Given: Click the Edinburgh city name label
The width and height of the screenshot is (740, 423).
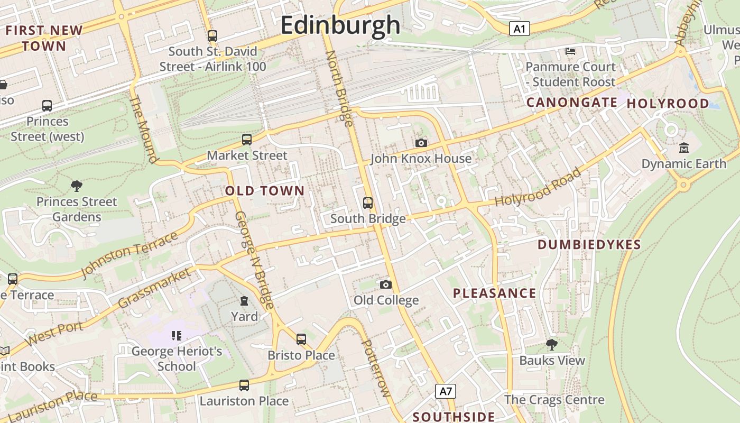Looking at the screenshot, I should tap(340, 25).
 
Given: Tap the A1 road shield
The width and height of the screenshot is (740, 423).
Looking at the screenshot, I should tap(519, 29).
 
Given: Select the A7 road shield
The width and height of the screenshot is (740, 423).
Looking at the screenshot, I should tap(446, 391).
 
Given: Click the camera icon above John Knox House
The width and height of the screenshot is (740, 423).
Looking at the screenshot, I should tap(421, 143).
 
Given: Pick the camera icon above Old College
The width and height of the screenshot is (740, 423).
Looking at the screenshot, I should tap(386, 284).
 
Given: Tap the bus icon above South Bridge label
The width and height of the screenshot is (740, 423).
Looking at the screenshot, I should tap(367, 203).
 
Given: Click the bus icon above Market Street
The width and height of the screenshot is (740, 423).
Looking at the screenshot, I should tap(247, 140).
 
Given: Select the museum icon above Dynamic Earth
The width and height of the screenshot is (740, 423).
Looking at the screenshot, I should tap(684, 148).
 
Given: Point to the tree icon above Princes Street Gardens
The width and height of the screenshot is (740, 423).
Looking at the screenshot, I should tap(77, 186).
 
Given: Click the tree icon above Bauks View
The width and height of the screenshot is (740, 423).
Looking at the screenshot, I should tap(552, 345).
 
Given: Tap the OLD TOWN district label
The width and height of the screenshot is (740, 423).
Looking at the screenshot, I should tap(265, 191).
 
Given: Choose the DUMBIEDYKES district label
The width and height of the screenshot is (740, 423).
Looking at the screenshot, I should tap(589, 245).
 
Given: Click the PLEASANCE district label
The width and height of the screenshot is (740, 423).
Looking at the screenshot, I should tap(494, 293).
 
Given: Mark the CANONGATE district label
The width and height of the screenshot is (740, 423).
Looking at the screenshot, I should tap(572, 103).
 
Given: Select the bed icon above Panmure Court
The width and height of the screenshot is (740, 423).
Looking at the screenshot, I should tap(570, 51).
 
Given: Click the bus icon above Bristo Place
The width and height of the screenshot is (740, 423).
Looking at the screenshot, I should tap(301, 339).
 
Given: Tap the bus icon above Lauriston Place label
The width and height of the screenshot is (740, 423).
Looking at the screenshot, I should tap(244, 385).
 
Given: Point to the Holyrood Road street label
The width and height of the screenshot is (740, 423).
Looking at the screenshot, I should tap(538, 187).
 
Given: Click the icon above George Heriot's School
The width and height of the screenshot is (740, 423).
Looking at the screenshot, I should tap(177, 335).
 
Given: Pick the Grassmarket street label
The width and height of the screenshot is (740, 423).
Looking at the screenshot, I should tap(154, 289).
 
